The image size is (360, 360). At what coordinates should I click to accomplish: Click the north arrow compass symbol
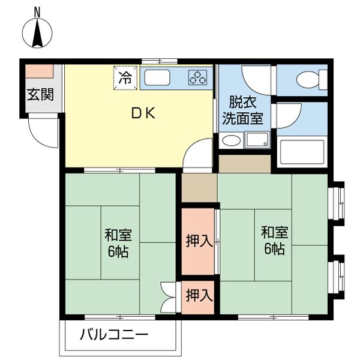[x=37, y=33]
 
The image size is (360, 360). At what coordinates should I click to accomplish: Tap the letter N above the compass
[x=37, y=12]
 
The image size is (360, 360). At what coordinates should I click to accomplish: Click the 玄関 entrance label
[x=40, y=94]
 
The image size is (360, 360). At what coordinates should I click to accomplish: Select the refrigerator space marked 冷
[x=125, y=78]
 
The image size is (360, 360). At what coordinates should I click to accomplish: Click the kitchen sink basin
[x=157, y=77]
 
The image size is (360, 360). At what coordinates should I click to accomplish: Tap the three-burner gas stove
[x=197, y=77]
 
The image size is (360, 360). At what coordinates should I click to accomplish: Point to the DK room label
[x=143, y=113]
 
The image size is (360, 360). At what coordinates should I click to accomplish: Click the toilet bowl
[x=311, y=80]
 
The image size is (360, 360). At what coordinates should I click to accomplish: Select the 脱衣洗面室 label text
[x=242, y=110]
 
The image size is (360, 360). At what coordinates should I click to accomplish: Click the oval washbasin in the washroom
[x=232, y=140]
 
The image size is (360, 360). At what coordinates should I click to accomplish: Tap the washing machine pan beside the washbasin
[x=257, y=140]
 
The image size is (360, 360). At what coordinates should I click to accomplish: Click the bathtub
[x=302, y=152]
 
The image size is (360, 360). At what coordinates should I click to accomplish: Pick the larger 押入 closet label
[x=199, y=241]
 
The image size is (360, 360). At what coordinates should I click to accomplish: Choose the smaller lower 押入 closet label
[x=199, y=295]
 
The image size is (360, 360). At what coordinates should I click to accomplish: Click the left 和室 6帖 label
[x=118, y=243]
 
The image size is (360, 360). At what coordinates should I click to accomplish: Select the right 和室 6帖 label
[x=275, y=241]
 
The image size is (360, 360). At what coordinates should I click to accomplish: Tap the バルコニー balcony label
[x=114, y=335]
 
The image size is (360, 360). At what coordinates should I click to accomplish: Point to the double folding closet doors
[x=169, y=297]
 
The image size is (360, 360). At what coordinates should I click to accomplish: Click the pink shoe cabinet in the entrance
[x=39, y=71]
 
